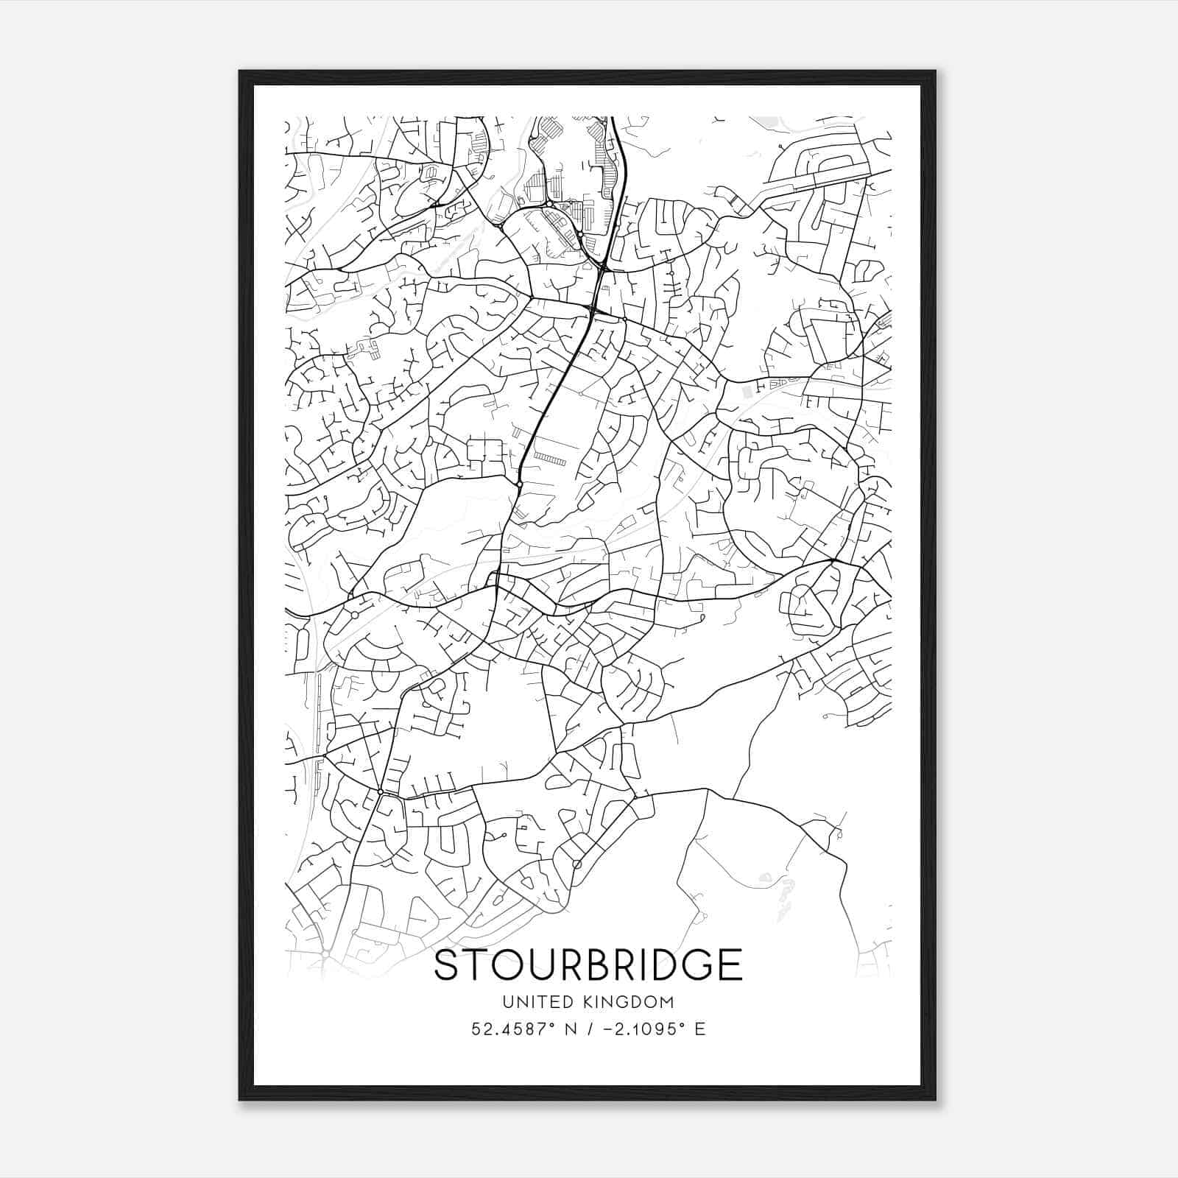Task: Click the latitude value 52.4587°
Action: [x=515, y=1029]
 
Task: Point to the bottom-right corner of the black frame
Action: [x=934, y=1098]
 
